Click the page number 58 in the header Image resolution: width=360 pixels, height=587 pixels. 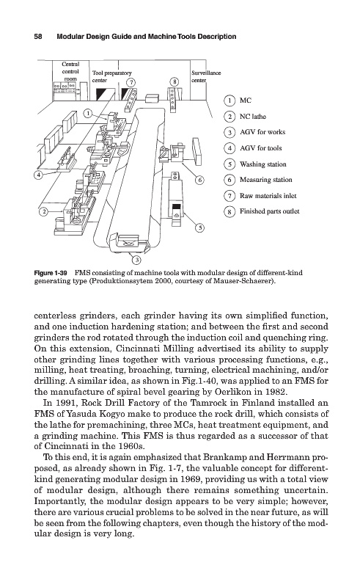tap(38, 37)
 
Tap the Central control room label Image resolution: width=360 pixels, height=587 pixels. tap(70, 71)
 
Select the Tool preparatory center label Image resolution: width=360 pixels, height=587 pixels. tap(112, 76)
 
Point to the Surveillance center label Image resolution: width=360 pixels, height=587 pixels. tap(206, 76)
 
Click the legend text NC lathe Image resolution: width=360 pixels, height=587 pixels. tap(253, 117)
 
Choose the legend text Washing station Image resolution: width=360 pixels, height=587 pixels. tap(262, 164)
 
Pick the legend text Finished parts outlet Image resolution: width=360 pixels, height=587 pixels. tap(269, 211)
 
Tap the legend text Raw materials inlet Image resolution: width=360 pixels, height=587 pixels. tap(268, 195)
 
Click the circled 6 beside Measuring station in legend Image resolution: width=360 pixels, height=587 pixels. tap(229, 180)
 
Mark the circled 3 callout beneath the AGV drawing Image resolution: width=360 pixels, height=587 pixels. tap(136, 259)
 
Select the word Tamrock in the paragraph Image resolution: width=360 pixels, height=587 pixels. tap(205, 403)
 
